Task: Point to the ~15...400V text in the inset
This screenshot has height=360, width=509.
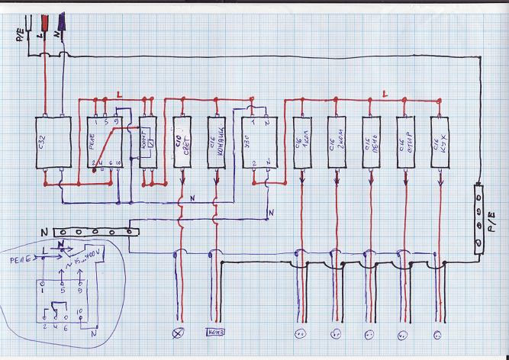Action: [x=84, y=265]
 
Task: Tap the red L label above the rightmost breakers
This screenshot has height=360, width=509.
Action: [x=385, y=94]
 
